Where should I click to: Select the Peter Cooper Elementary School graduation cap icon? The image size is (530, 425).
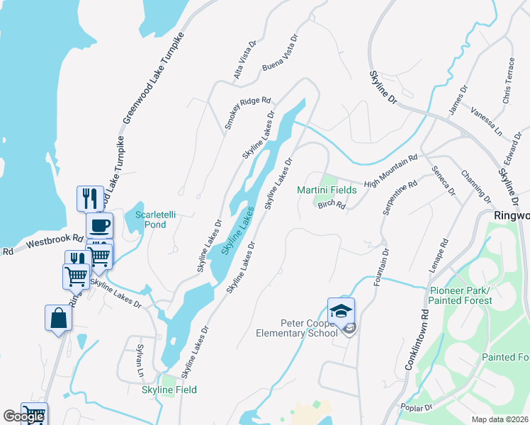tap(341, 310)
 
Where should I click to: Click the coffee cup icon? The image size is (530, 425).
tap(99, 225)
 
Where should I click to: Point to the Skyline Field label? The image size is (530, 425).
tap(169, 390)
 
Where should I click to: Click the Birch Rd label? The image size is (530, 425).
tap(331, 205)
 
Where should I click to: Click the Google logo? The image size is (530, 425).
tap(23, 416)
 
